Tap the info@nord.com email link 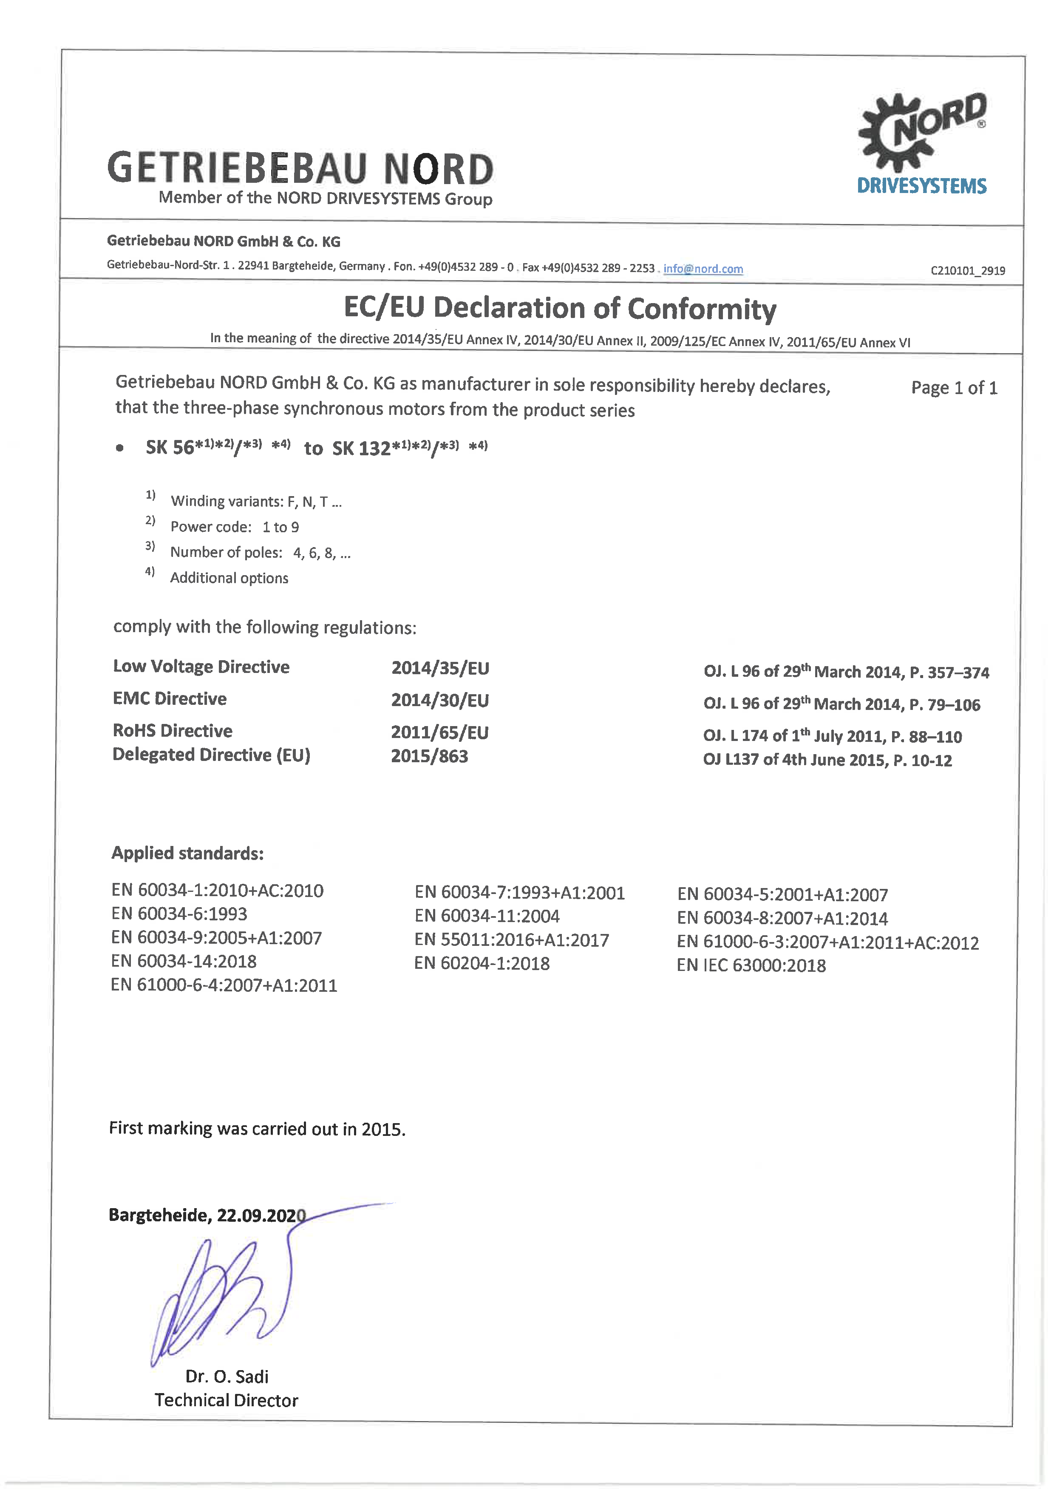click(703, 269)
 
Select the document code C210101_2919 click(968, 271)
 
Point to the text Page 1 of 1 click(953, 388)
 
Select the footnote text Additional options click(229, 578)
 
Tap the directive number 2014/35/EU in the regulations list click(440, 668)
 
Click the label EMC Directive click(170, 698)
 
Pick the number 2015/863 click(429, 756)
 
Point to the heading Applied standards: click(187, 853)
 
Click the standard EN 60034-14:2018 click(184, 962)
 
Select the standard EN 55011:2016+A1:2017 click(511, 940)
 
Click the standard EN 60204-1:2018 click(482, 963)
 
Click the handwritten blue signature click(221, 1298)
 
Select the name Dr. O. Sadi click(227, 1376)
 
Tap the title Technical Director click(227, 1400)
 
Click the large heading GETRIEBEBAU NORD click(300, 168)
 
